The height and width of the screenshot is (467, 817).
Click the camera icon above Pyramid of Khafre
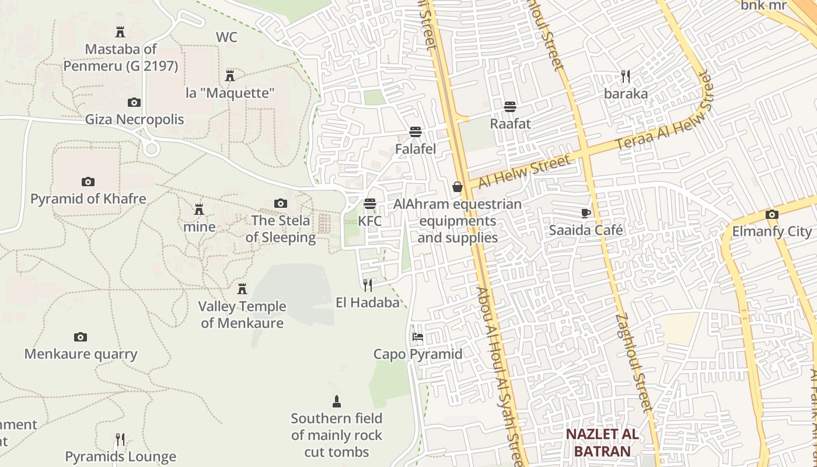(x=88, y=182)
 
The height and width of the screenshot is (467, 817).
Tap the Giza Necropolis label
(x=134, y=120)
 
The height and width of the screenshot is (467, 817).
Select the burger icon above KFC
(x=369, y=204)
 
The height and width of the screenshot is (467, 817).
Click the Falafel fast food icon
(x=416, y=132)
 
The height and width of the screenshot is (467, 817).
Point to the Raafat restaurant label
(x=510, y=124)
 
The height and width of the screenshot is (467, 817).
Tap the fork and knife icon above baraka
(x=626, y=76)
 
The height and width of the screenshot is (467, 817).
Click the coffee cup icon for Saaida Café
(x=586, y=213)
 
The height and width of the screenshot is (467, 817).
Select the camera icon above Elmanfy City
(x=772, y=214)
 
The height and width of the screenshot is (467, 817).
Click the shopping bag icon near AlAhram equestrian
(x=458, y=187)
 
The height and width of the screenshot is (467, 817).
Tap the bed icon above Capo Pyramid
(x=417, y=337)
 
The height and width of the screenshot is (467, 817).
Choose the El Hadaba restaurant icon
(x=368, y=285)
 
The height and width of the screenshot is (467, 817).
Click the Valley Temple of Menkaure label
(x=242, y=315)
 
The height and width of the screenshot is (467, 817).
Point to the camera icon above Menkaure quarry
(x=81, y=337)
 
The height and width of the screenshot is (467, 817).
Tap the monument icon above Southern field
(x=337, y=402)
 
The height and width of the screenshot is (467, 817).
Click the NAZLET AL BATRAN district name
(x=602, y=443)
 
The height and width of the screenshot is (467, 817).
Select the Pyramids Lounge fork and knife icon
(x=120, y=439)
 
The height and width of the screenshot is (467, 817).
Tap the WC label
(x=226, y=37)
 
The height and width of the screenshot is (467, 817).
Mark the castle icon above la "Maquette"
(x=230, y=75)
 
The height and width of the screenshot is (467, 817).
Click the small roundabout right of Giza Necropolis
(x=152, y=149)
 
